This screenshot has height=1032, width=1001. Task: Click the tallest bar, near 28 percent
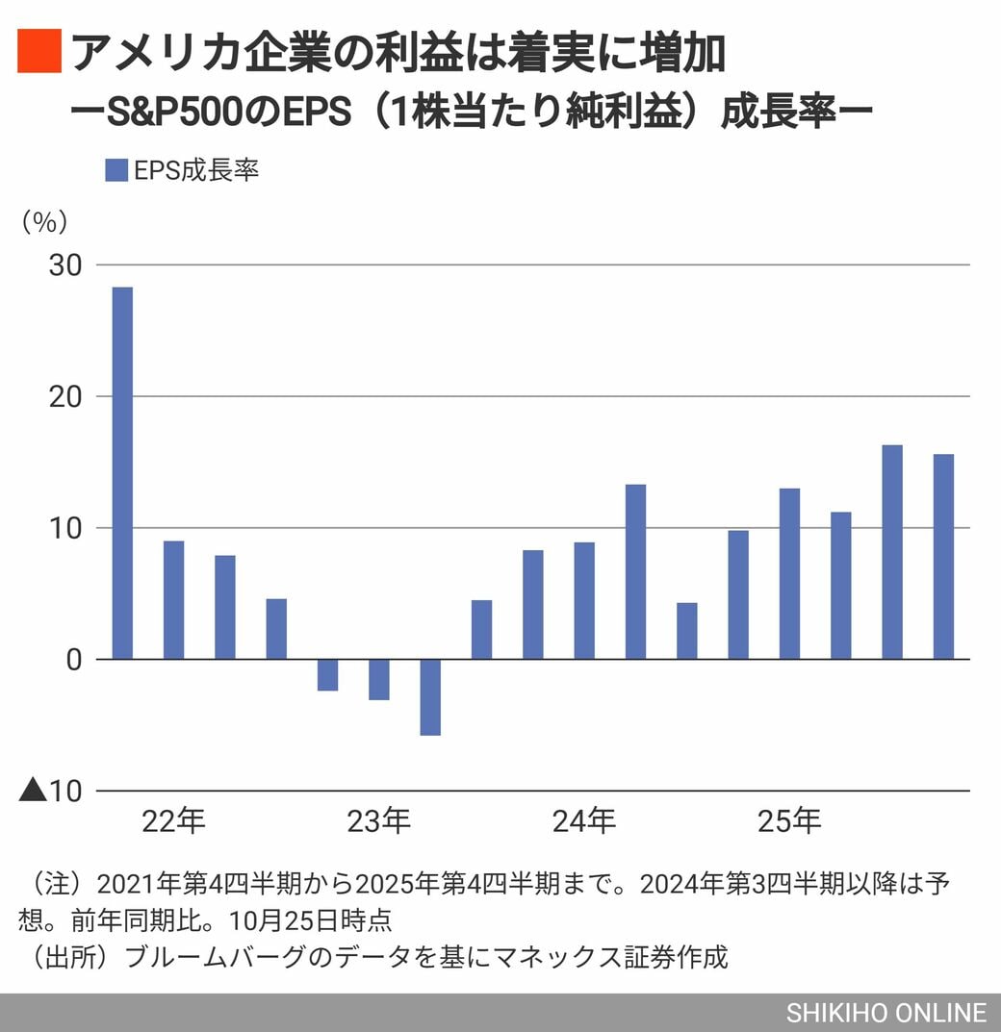pyautogui.click(x=122, y=472)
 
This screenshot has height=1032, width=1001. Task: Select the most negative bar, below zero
pyautogui.click(x=430, y=697)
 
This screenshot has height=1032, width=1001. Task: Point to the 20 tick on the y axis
pyautogui.click(x=65, y=396)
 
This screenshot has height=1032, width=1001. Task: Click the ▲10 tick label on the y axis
pyautogui.click(x=51, y=792)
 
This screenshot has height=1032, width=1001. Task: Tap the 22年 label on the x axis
pyautogui.click(x=173, y=822)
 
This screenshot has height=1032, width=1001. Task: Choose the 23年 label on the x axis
pyautogui.click(x=378, y=822)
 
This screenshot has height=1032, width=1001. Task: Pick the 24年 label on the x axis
pyautogui.click(x=584, y=822)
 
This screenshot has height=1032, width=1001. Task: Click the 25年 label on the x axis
pyautogui.click(x=789, y=822)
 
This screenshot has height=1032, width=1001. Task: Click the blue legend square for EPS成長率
pyautogui.click(x=115, y=170)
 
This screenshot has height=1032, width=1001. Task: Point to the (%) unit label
pyautogui.click(x=44, y=221)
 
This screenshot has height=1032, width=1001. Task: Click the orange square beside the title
pyautogui.click(x=39, y=52)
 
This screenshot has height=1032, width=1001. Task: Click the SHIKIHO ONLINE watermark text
pyautogui.click(x=886, y=1013)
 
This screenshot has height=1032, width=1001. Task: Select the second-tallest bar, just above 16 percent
pyautogui.click(x=892, y=552)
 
